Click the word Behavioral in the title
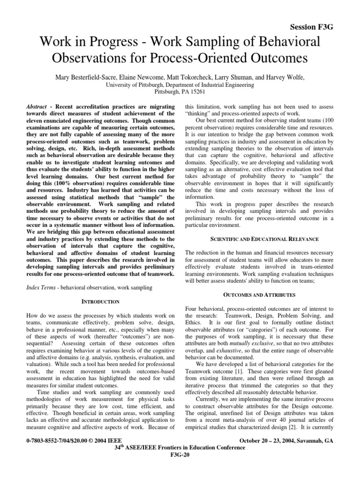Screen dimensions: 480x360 pos(278,42)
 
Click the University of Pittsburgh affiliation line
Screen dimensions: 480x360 pos(180,85)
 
